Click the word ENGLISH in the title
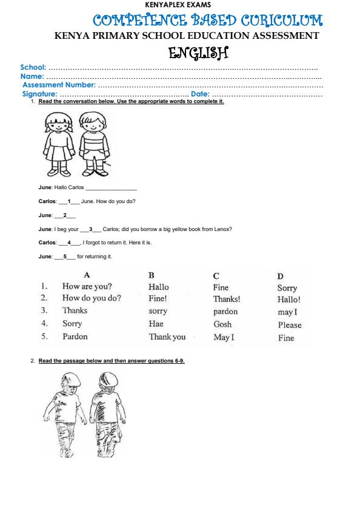[198, 53]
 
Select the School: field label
[33, 67]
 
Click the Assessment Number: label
[59, 86]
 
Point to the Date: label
[200, 94]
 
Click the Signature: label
[40, 94]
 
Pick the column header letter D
[281, 276]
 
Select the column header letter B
[152, 275]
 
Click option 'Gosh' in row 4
[222, 324]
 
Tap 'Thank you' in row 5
[167, 337]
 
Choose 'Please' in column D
[290, 325]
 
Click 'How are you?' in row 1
[87, 286]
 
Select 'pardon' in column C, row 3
[225, 312]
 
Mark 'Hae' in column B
[156, 324]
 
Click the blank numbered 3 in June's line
[90, 229]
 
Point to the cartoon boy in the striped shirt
[92, 144]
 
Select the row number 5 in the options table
[44, 337]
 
